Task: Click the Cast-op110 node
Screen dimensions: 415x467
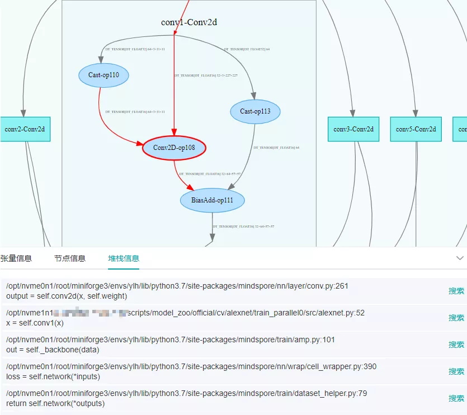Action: point(104,76)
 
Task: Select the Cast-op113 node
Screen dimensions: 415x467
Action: point(255,111)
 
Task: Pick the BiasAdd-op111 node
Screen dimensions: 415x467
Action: point(213,201)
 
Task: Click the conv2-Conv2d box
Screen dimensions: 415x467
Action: point(25,129)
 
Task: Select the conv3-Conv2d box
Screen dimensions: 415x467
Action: point(353,129)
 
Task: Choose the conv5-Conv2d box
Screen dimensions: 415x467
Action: point(416,129)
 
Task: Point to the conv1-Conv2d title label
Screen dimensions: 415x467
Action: point(188,22)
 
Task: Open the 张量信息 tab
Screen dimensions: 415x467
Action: point(16,258)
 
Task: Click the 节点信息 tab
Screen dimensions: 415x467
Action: point(70,258)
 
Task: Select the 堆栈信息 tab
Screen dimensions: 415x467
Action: point(124,258)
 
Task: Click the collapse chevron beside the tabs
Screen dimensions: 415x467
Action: point(460,258)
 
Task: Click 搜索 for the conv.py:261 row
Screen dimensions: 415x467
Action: point(456,291)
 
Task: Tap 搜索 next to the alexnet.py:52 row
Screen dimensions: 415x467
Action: point(456,318)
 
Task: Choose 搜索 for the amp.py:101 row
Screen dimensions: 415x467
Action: point(456,345)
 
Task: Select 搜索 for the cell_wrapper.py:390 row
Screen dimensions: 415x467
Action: point(456,371)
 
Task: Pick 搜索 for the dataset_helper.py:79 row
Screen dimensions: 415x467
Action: point(456,398)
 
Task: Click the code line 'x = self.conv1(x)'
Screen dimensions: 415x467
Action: point(35,323)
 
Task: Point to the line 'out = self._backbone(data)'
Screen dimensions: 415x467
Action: point(53,350)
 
